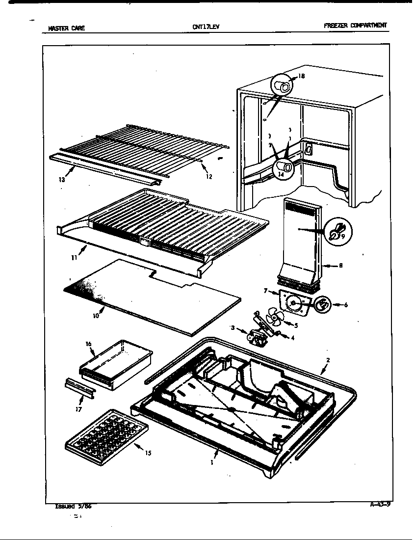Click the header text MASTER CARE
pyautogui.click(x=66, y=28)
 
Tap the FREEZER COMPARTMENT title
pyautogui.click(x=355, y=26)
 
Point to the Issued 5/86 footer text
pyautogui.click(x=73, y=507)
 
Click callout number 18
pyautogui.click(x=301, y=77)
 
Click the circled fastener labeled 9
pyautogui.click(x=337, y=231)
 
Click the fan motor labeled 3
pyautogui.click(x=256, y=336)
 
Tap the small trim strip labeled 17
pyautogui.click(x=79, y=387)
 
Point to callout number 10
pyautogui.click(x=96, y=316)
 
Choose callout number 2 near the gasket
pyautogui.click(x=328, y=360)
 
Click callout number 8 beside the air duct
pyautogui.click(x=340, y=266)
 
